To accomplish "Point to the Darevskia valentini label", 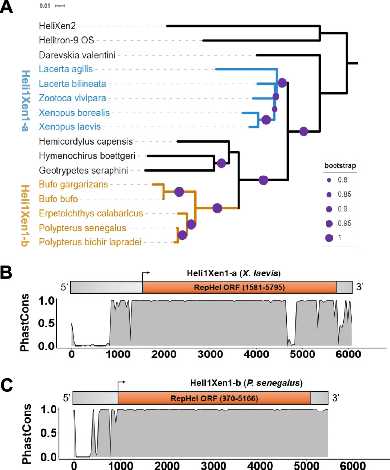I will (x=71, y=55).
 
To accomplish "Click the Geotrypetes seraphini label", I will (x=74, y=170).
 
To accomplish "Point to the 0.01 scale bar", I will (x=60, y=6).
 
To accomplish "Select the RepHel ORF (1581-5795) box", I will (x=239, y=287).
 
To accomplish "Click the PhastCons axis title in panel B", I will (x=29, y=323).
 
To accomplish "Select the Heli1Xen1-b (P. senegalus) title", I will (x=247, y=383).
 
